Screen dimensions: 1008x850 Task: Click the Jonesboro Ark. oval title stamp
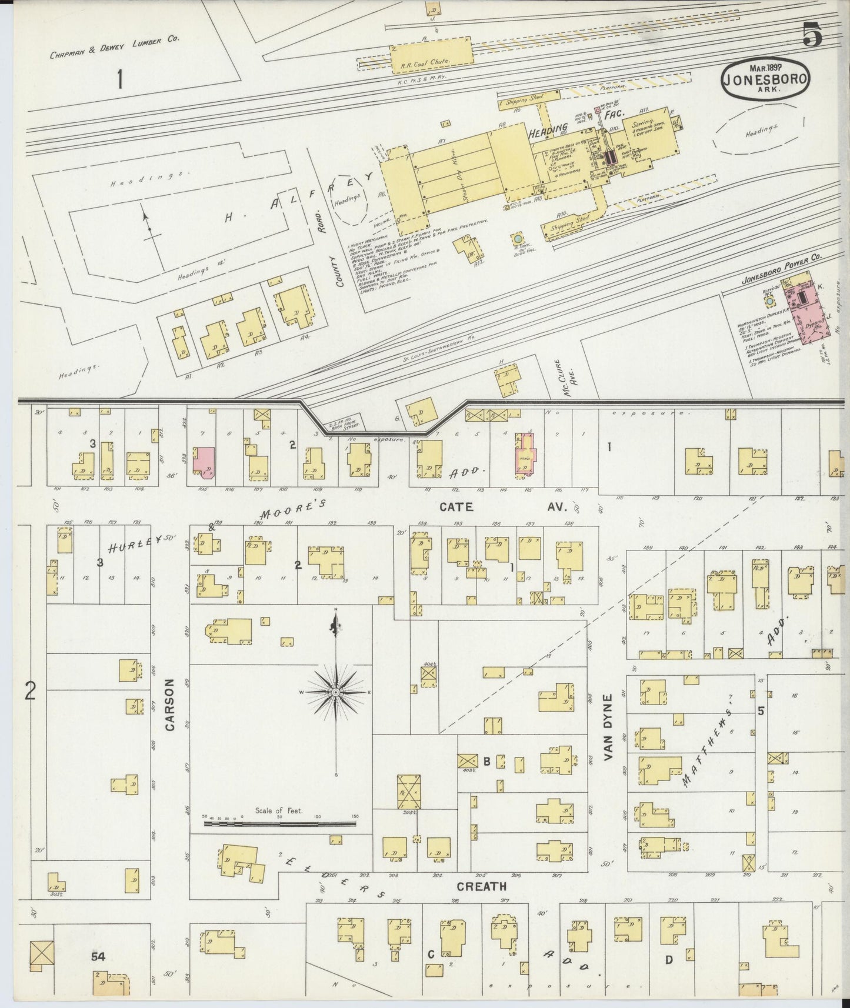[x=765, y=80]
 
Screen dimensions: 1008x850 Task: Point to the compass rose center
[x=335, y=692]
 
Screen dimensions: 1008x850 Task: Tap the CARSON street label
[x=170, y=705]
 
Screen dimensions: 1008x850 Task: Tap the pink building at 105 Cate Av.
[x=205, y=460]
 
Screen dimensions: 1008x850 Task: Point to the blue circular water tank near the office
[x=517, y=239]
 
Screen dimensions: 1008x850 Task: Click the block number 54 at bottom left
[x=98, y=957]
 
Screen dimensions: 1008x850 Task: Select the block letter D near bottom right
[x=668, y=960]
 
